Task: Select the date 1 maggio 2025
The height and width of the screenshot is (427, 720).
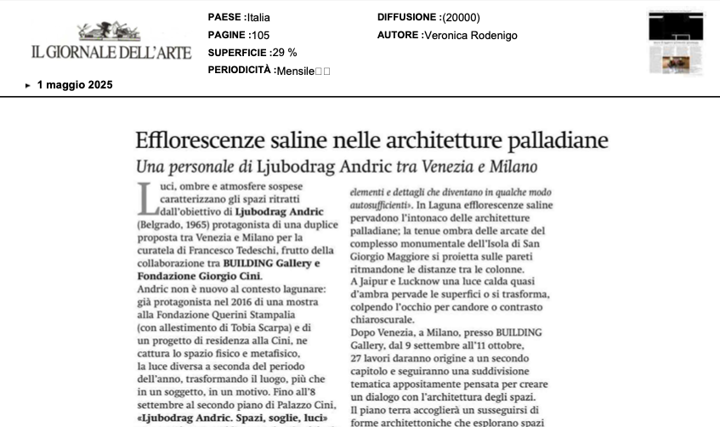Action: [75, 85]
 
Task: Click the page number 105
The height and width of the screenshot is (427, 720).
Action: [259, 36]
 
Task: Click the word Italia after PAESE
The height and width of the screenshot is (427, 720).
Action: [258, 17]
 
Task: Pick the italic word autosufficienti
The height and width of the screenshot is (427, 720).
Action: [380, 205]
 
